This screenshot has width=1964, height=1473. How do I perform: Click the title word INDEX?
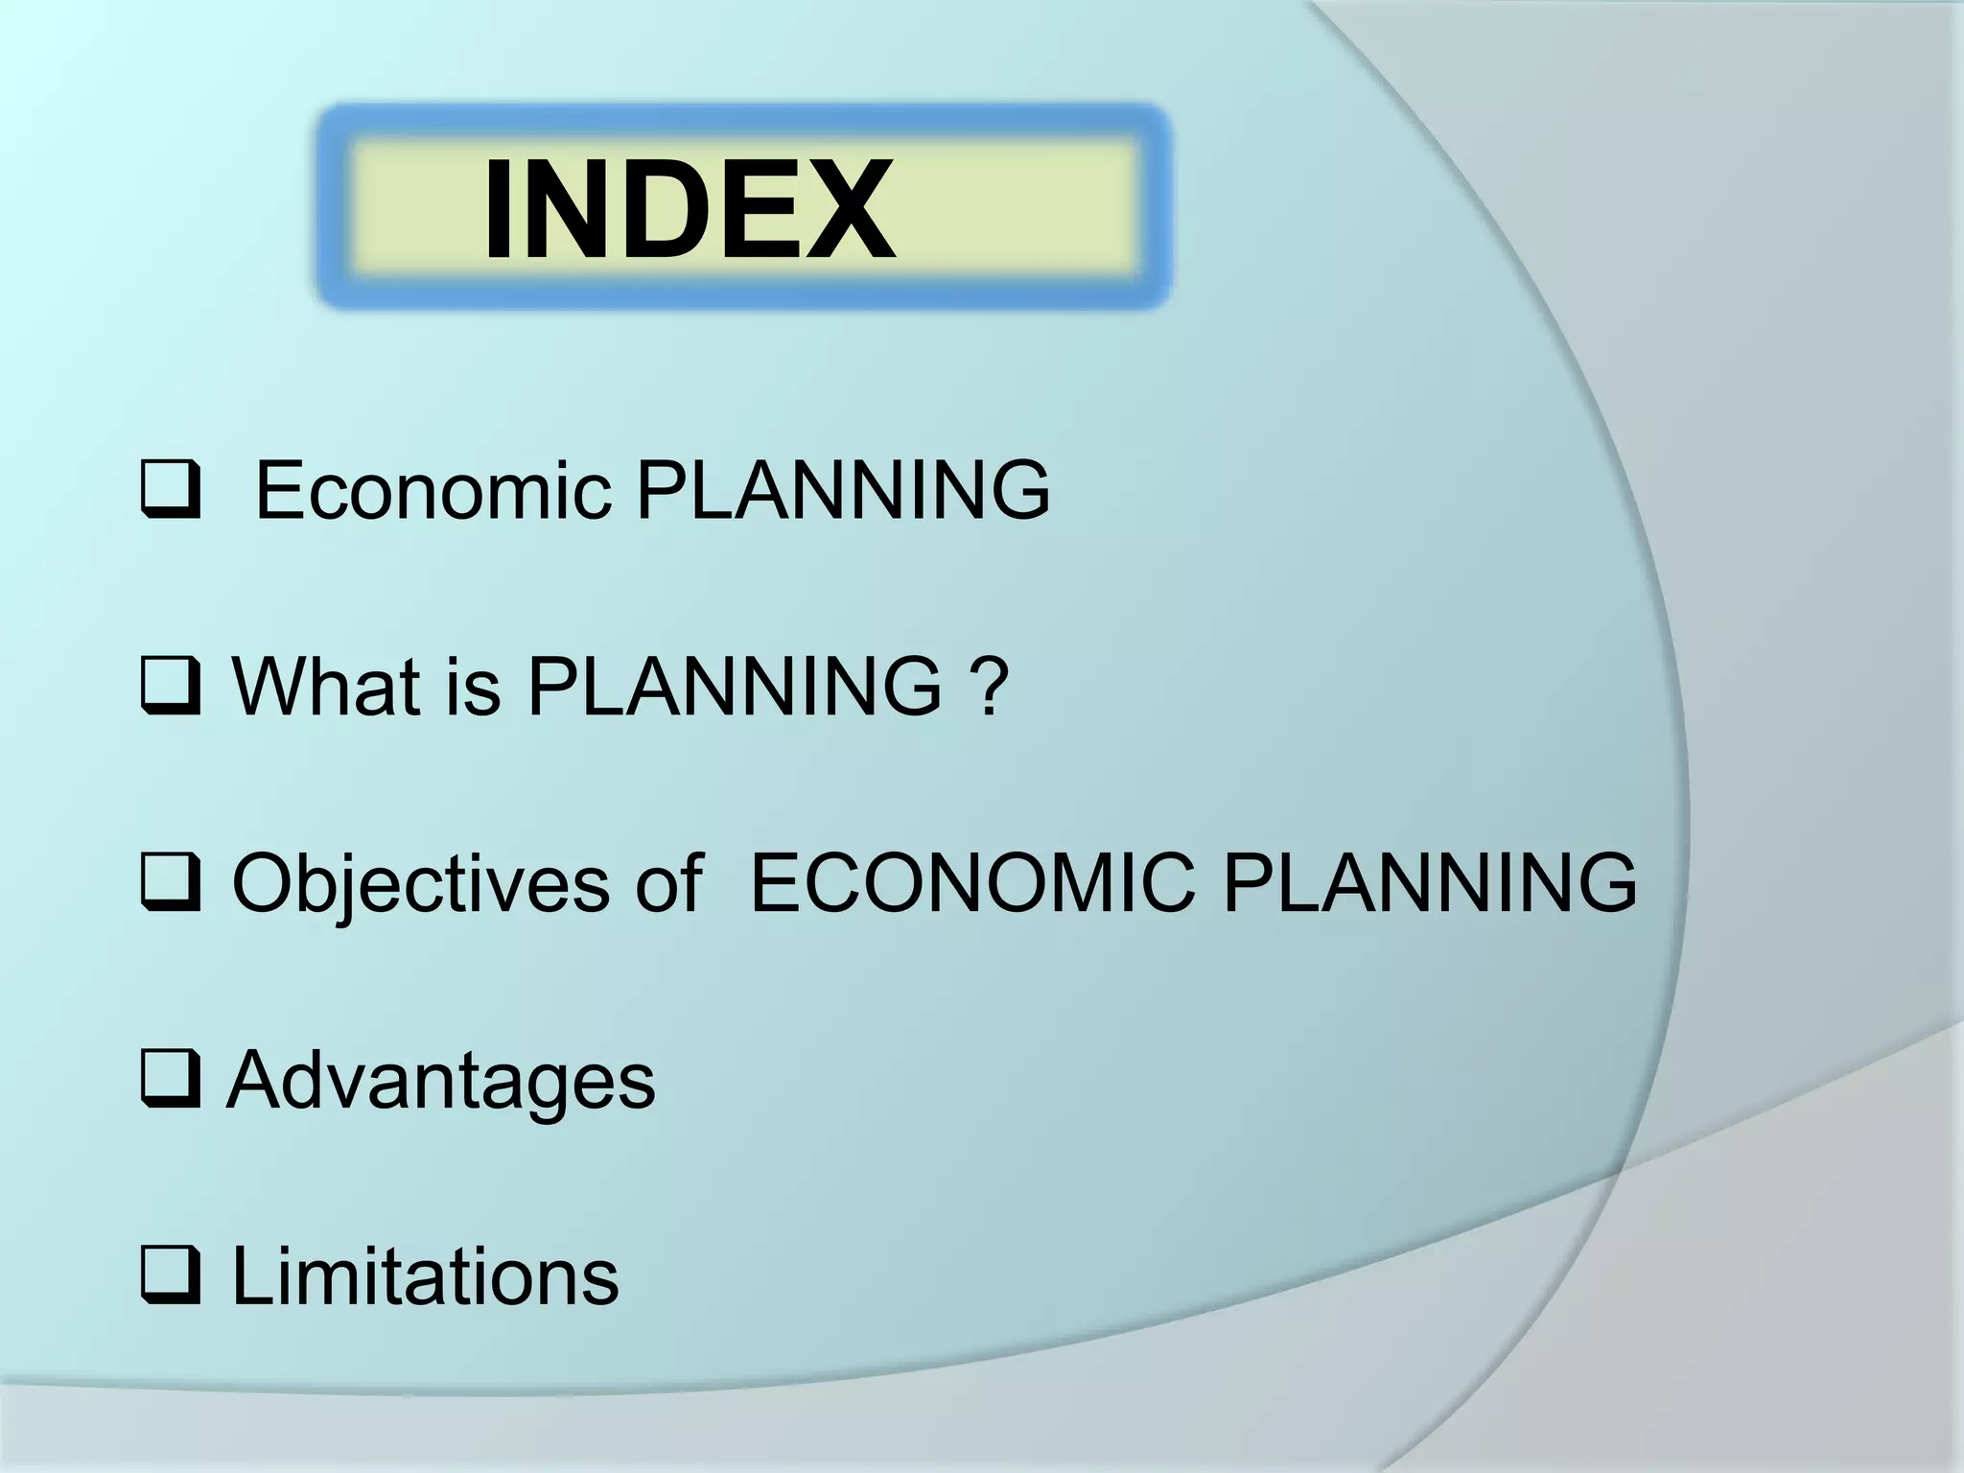coord(689,210)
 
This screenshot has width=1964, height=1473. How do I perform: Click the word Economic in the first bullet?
coord(433,490)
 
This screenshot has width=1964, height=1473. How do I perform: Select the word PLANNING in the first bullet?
coord(843,490)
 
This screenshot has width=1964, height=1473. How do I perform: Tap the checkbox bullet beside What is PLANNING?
coord(171,686)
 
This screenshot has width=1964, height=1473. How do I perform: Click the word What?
coord(326,686)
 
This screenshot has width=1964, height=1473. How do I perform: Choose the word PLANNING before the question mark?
coord(735,686)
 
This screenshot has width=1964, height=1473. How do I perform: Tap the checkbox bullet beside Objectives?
coord(171,882)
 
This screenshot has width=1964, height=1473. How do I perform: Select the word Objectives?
coord(420,884)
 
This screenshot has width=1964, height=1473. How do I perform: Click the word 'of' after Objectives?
coord(668,882)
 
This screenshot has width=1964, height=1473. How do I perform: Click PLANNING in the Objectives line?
coord(1430,882)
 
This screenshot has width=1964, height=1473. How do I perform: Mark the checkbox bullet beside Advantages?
coord(171,1079)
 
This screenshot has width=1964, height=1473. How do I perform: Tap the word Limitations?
coord(426,1275)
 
